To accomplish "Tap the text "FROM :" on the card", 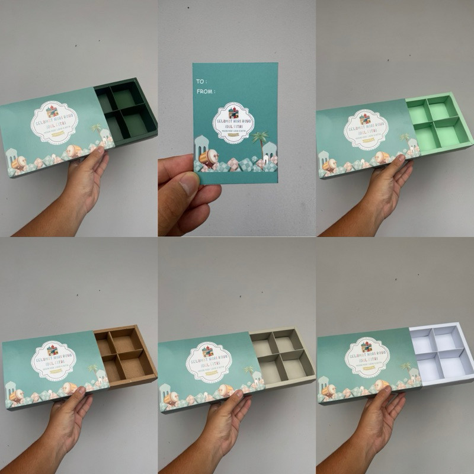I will coord(206,92).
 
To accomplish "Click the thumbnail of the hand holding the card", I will coord(236,118).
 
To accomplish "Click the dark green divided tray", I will coord(125,109).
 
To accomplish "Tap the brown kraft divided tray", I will coord(124,354).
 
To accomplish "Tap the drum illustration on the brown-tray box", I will coord(70,389).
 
